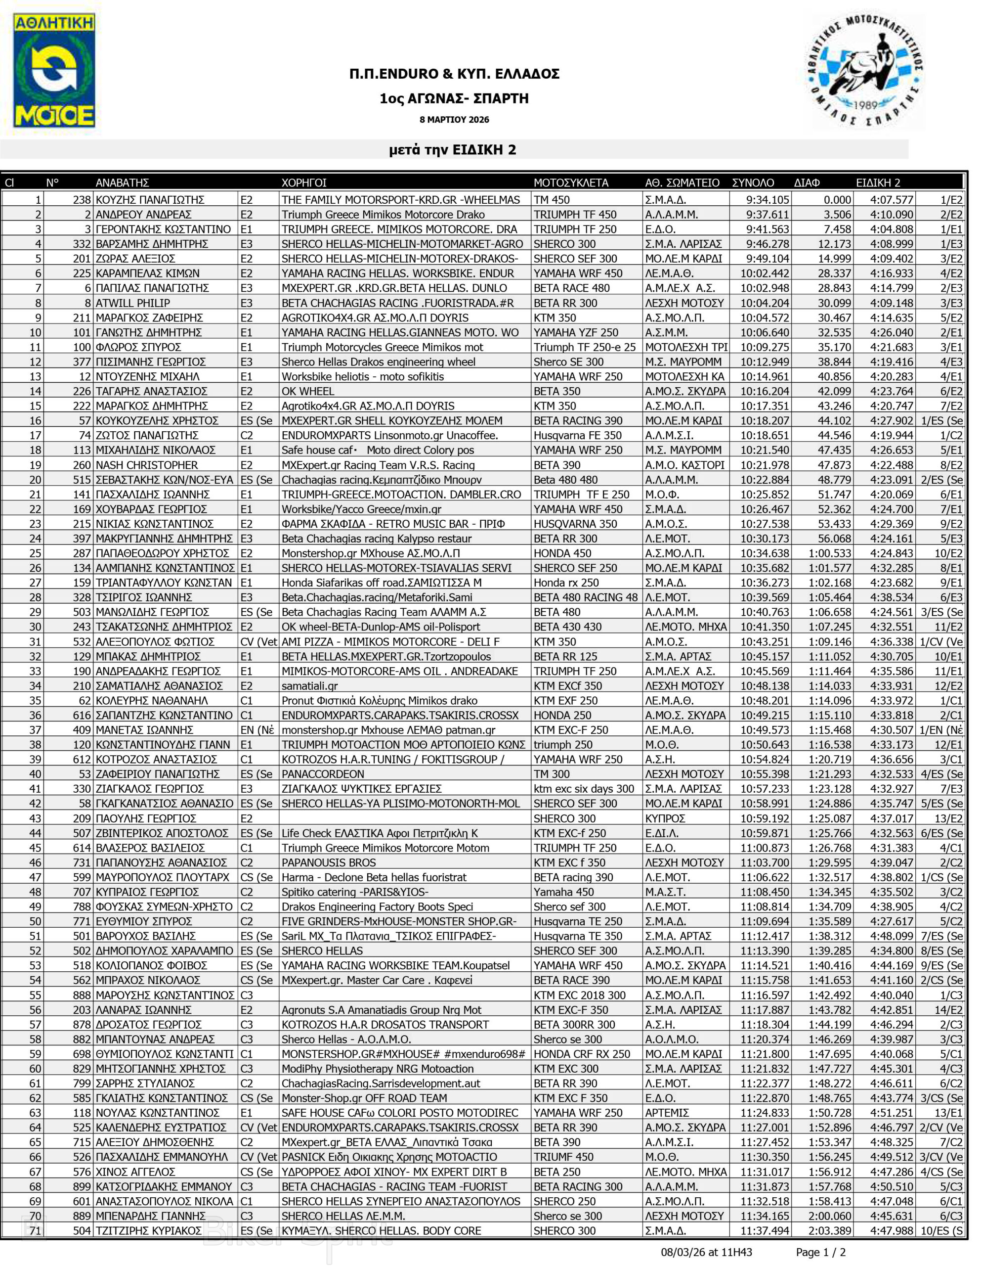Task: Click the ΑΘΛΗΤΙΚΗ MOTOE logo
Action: point(54,71)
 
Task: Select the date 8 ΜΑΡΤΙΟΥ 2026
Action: point(454,119)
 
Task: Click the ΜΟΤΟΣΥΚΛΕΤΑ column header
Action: point(571,183)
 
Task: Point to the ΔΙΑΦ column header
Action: point(807,183)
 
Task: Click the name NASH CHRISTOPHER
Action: point(147,465)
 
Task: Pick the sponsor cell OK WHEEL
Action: point(307,391)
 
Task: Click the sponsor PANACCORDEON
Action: point(323,774)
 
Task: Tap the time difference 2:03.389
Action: point(830,1230)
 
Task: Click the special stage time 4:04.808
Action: point(891,229)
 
